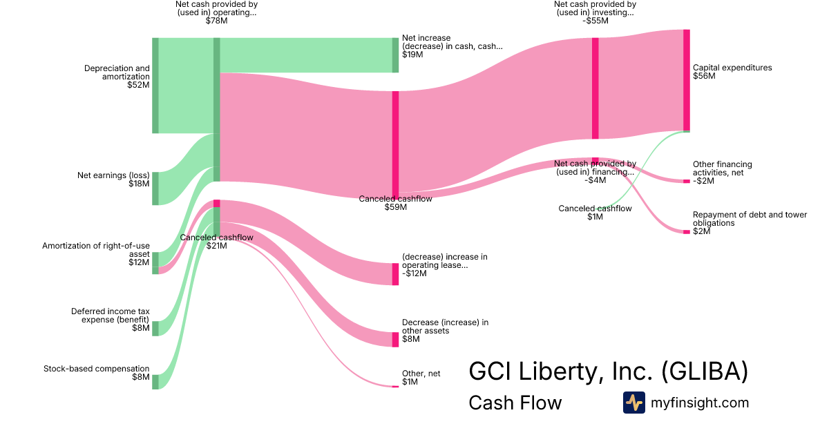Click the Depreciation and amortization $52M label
(117, 77)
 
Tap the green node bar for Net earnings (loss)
(155, 188)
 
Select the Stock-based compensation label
(97, 373)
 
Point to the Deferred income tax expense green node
(155, 329)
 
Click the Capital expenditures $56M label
(732, 72)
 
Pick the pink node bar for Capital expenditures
(687, 80)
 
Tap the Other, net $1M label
(421, 378)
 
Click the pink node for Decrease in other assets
(396, 340)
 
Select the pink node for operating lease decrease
(396, 274)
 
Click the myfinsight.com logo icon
(634, 403)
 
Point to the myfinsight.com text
(700, 403)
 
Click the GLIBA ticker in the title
(705, 371)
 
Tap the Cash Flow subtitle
(515, 403)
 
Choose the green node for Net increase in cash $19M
(396, 55)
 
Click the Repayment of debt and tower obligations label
(750, 222)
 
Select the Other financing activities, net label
(723, 173)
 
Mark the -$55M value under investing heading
(595, 21)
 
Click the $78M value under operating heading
(216, 21)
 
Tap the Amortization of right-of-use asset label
(96, 254)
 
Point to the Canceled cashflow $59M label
(395, 203)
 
